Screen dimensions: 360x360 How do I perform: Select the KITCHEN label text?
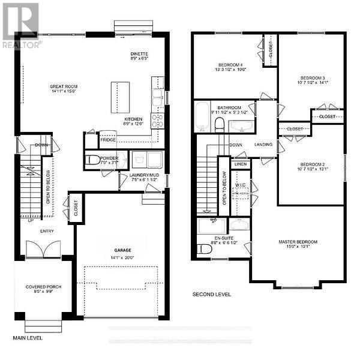pos(133,119)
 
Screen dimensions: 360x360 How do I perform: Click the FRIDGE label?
pos(108,140)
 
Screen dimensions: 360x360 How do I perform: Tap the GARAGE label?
pos(122,250)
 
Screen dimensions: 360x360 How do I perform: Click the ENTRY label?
pos(47,230)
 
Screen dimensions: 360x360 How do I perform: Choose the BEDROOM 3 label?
pos(312,78)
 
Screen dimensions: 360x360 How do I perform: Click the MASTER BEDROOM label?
pos(298,242)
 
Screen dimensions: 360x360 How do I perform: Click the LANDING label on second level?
pos(263,144)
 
